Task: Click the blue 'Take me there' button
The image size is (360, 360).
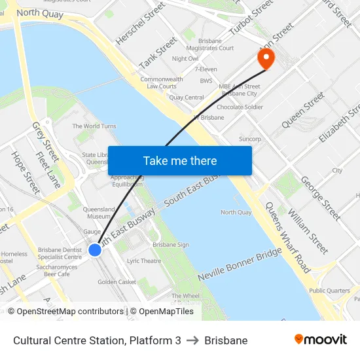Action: pos(180,160)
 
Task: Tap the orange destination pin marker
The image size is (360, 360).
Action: pos(266,58)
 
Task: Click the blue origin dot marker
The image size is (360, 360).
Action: pos(95,249)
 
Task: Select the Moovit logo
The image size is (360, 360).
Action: pos(320,340)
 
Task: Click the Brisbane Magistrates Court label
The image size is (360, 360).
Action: pos(216,44)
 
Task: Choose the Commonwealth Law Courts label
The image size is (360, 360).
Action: pos(161,82)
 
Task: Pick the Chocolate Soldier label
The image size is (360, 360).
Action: pos(240,107)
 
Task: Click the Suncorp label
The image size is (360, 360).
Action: pos(250,139)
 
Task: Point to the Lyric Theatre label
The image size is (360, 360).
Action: pos(144,261)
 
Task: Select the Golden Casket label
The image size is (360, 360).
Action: pos(117,282)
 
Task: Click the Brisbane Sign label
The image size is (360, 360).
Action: pos(171,245)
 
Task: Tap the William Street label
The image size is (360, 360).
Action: pos(308,233)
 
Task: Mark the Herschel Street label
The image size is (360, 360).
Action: pos(140,24)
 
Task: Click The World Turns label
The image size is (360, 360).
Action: pos(94,126)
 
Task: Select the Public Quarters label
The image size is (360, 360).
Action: pos(329,291)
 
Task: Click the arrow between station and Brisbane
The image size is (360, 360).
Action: pos(192,340)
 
